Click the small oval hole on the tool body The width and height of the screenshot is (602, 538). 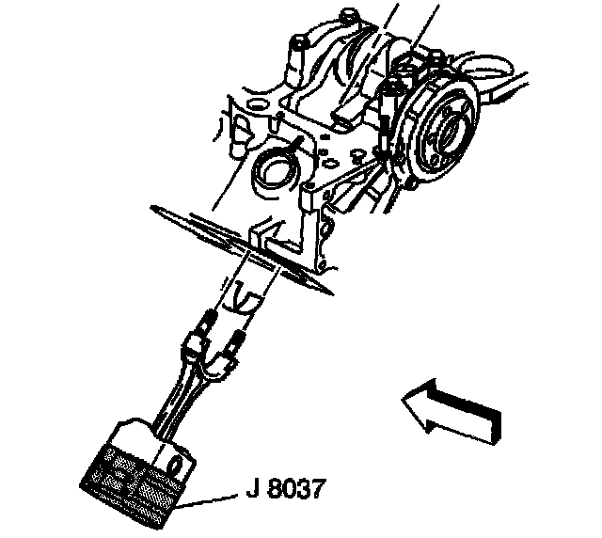coord(174,465)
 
